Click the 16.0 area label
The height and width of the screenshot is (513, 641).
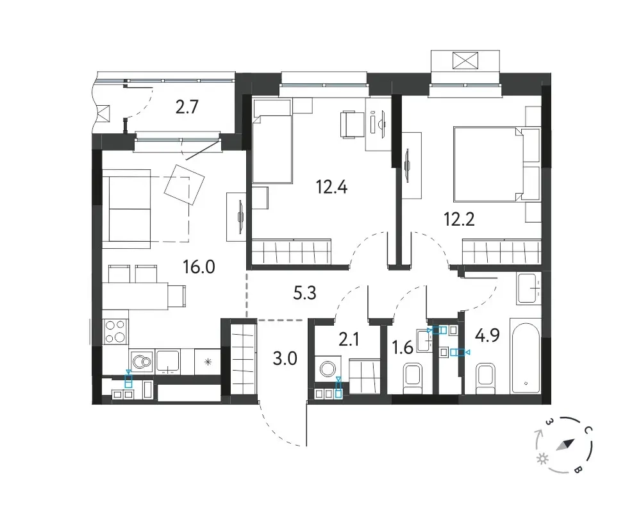click(x=199, y=267)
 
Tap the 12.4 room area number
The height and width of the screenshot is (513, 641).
click(x=331, y=187)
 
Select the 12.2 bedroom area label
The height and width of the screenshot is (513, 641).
click(x=459, y=220)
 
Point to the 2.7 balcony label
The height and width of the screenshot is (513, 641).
click(x=187, y=107)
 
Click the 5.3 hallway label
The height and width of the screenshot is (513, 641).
click(x=305, y=293)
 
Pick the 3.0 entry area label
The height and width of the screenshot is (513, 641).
click(x=285, y=358)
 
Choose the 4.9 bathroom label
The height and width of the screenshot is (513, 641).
click(x=487, y=336)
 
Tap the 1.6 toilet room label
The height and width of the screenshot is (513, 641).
click(x=403, y=347)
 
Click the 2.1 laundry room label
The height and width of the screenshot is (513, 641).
click(x=349, y=339)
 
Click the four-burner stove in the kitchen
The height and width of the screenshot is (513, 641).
click(x=115, y=332)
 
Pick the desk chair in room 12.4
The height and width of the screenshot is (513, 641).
click(x=351, y=124)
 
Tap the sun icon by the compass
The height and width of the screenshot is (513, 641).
click(x=542, y=459)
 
